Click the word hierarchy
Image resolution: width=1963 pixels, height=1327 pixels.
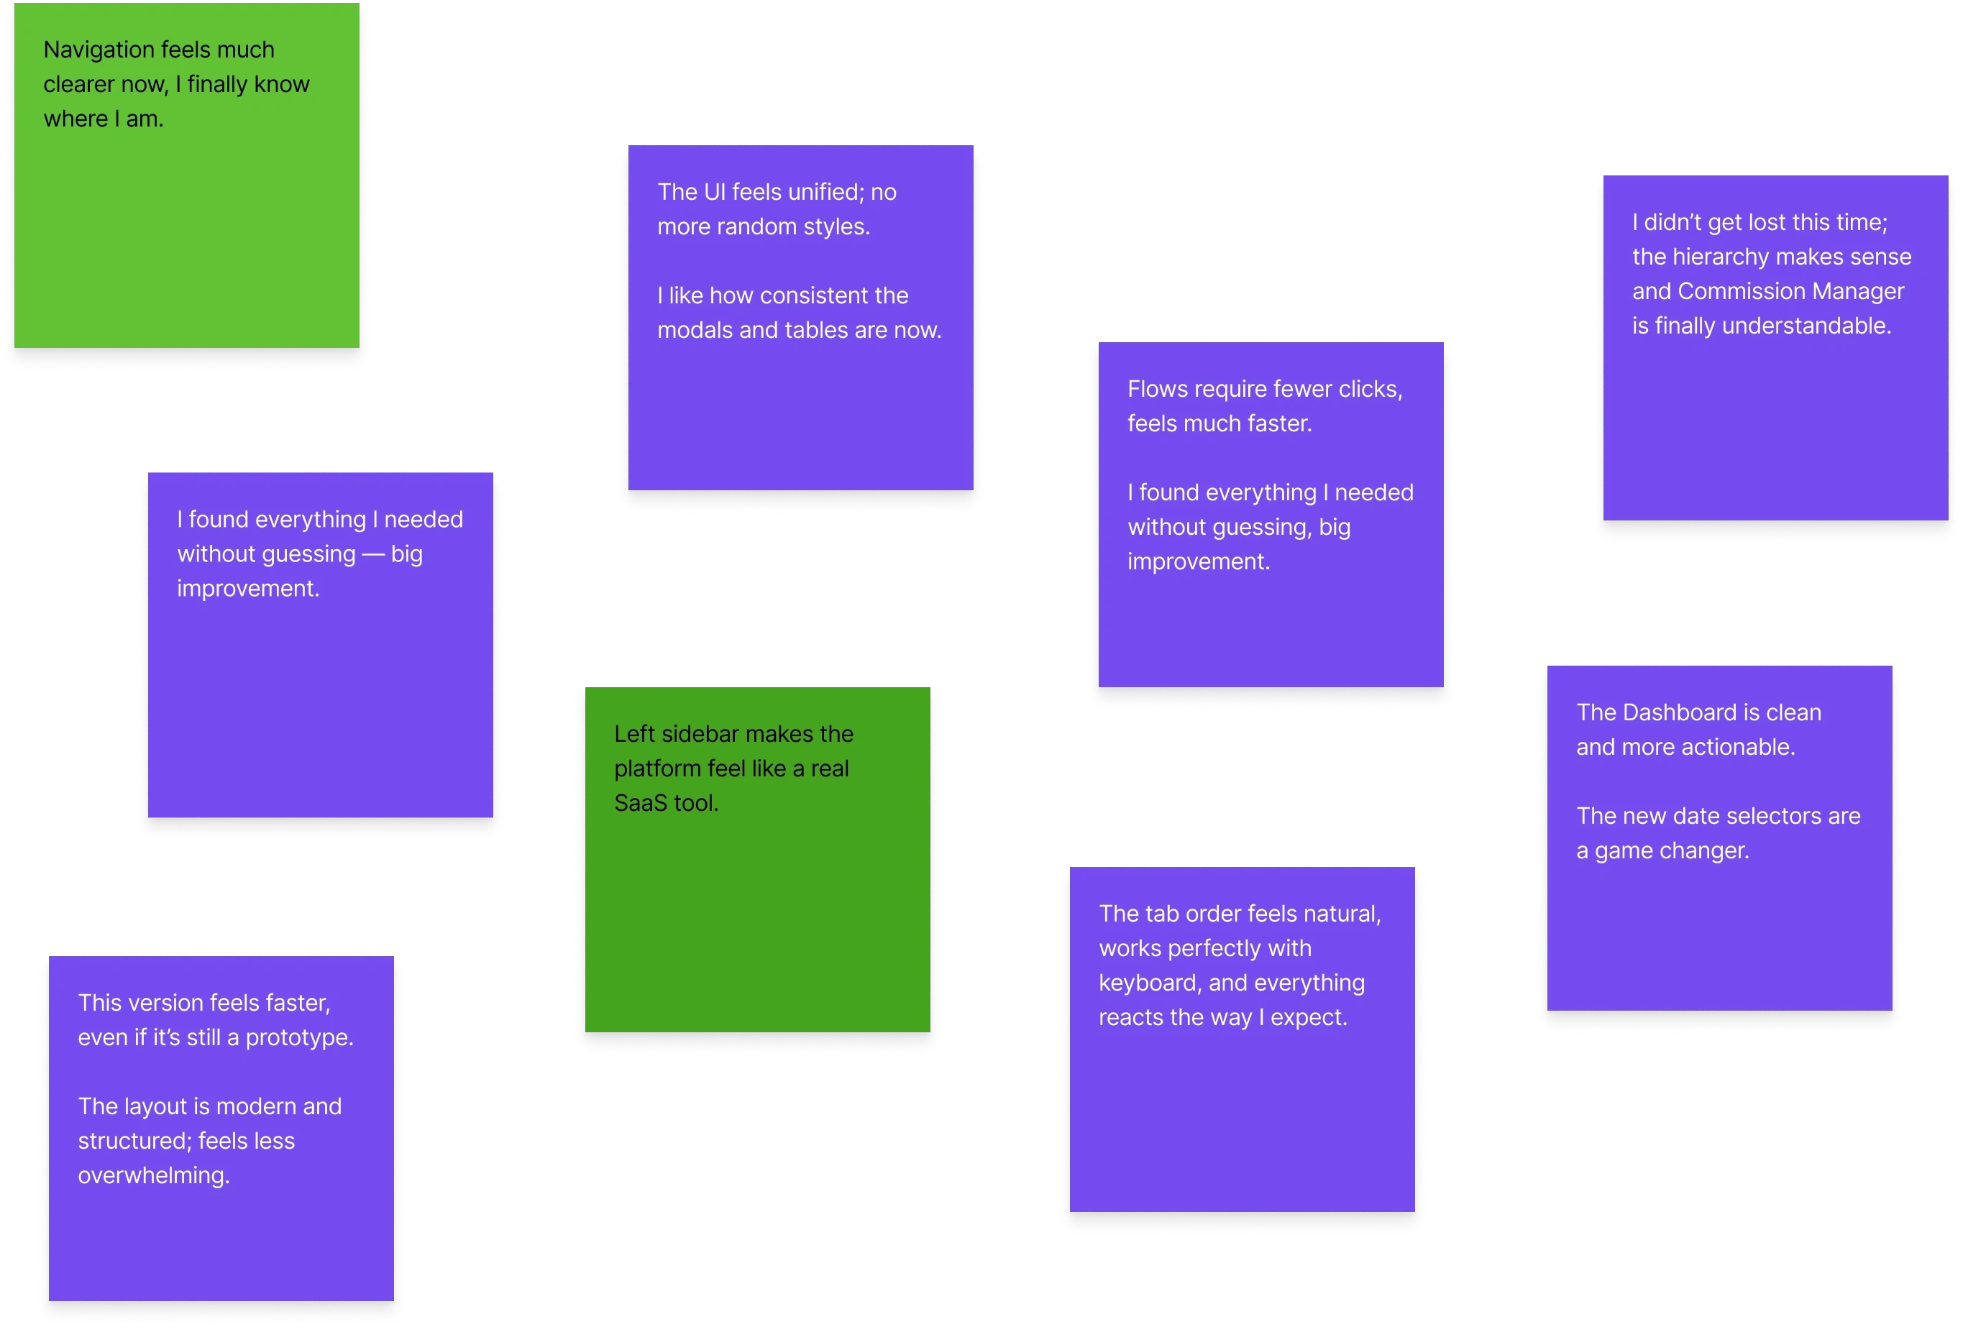click(x=1720, y=257)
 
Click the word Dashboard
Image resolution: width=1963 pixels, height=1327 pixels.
click(x=1681, y=713)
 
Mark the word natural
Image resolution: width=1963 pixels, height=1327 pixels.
click(x=1342, y=914)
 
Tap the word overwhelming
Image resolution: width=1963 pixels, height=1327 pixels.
click(x=154, y=1176)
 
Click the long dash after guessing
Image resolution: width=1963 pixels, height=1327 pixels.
click(x=372, y=555)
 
